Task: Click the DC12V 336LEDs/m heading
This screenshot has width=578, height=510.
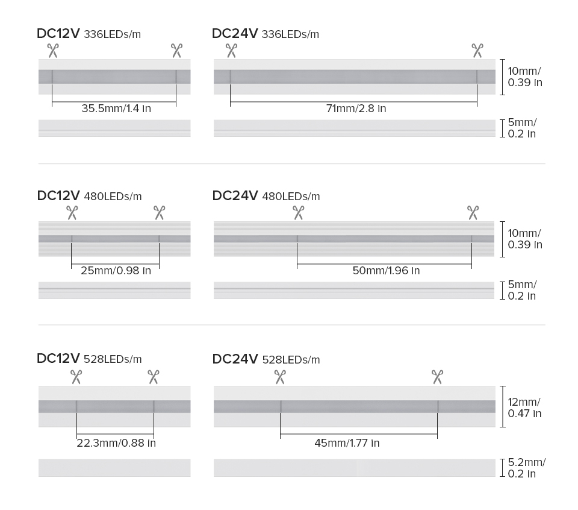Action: [89, 34]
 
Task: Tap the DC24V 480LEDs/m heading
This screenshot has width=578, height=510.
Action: [266, 195]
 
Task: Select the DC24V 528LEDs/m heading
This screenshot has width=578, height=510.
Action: [266, 359]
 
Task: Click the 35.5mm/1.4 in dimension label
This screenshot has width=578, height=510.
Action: [116, 108]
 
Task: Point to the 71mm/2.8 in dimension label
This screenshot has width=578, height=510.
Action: [356, 108]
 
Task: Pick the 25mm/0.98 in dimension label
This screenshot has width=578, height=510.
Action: [116, 271]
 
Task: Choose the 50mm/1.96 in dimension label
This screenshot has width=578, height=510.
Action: [386, 271]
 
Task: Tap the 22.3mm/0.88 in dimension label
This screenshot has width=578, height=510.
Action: [116, 443]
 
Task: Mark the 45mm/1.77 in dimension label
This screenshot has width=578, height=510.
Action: [347, 443]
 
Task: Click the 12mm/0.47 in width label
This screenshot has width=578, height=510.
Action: [524, 408]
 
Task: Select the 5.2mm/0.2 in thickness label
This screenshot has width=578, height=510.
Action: [526, 468]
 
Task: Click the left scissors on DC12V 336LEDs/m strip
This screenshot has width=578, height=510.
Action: [53, 51]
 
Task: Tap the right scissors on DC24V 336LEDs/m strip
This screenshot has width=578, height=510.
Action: [477, 51]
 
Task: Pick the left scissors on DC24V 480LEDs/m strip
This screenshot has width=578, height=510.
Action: [299, 213]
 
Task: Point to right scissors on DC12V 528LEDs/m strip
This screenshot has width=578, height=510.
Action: [154, 377]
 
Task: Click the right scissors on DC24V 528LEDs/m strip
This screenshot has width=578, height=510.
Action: [437, 377]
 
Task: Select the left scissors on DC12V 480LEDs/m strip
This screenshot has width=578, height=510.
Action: [72, 213]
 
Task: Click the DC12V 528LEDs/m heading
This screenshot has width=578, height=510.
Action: [89, 358]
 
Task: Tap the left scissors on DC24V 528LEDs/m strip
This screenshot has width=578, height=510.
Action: [280, 377]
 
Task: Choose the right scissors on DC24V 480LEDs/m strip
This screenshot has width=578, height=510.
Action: [473, 213]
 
